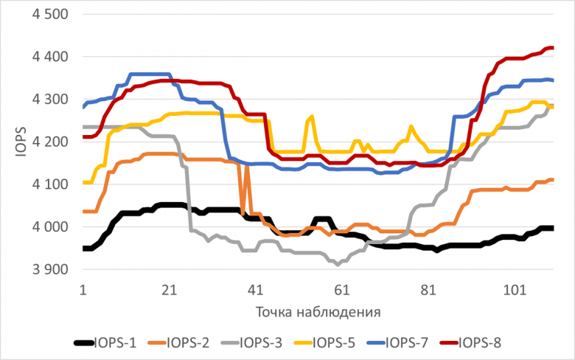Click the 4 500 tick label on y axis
(x=47, y=15)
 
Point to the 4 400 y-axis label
(x=47, y=57)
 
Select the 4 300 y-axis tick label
(x=47, y=100)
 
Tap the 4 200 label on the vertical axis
(x=47, y=142)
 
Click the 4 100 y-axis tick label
(x=47, y=184)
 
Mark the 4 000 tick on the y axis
(x=47, y=227)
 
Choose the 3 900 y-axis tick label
(x=47, y=269)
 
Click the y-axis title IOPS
(x=21, y=142)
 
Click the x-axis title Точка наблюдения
(x=318, y=311)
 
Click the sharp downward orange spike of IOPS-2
(x=243, y=212)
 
